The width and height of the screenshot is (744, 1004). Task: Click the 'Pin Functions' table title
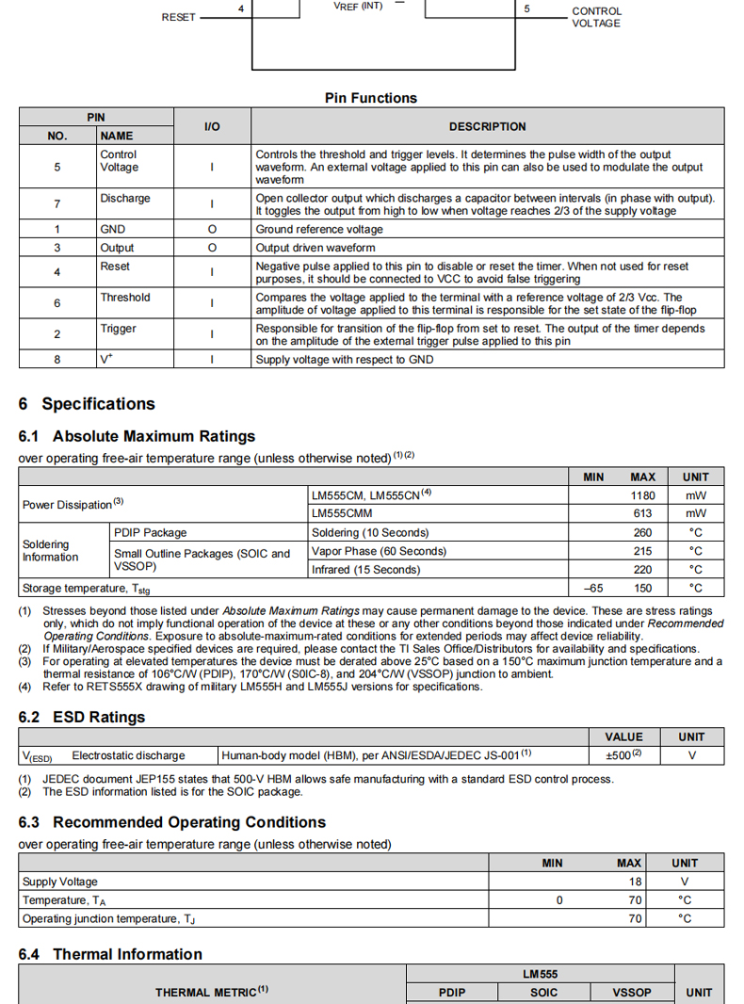pyautogui.click(x=371, y=98)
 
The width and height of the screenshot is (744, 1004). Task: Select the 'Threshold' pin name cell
pyautogui.click(x=125, y=298)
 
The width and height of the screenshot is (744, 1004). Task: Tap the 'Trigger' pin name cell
pyautogui.click(x=119, y=329)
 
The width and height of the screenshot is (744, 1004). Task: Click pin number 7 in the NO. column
pyautogui.click(x=57, y=204)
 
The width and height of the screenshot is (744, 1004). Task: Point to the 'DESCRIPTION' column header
pyautogui.click(x=487, y=127)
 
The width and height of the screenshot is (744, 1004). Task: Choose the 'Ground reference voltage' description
pyautogui.click(x=319, y=230)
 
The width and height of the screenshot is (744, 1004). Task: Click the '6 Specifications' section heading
pyautogui.click(x=87, y=404)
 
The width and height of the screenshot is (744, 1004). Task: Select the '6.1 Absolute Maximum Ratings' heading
pyautogui.click(x=137, y=437)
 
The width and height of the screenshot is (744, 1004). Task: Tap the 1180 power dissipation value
pyautogui.click(x=642, y=495)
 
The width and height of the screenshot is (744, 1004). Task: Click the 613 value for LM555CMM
pyautogui.click(x=643, y=514)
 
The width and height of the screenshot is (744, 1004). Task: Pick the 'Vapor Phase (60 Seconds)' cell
pyautogui.click(x=379, y=551)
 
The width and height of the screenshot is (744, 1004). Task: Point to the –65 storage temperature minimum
pyautogui.click(x=593, y=588)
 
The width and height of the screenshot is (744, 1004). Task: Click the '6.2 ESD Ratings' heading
pyautogui.click(x=82, y=718)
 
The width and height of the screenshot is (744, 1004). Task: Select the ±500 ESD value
pyautogui.click(x=623, y=755)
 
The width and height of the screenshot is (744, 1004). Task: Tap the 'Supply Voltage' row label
pyautogui.click(x=60, y=882)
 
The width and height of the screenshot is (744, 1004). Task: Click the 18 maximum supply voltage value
pyautogui.click(x=636, y=882)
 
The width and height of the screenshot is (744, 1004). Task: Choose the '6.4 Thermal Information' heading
pyautogui.click(x=110, y=955)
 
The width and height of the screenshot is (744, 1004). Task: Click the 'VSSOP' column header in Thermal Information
pyautogui.click(x=632, y=993)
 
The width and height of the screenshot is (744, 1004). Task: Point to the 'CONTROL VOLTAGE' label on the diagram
pyautogui.click(x=597, y=17)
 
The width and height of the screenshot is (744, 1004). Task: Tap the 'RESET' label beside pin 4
pyautogui.click(x=179, y=17)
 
